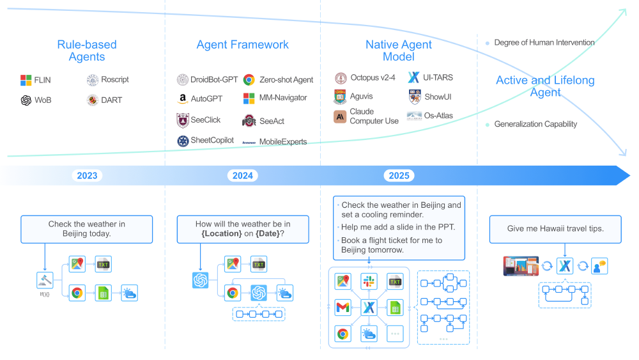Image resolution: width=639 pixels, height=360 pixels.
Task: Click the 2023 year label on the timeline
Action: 87,176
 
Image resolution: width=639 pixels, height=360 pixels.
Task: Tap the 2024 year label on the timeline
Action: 243,176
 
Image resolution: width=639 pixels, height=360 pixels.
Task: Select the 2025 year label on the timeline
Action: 399,176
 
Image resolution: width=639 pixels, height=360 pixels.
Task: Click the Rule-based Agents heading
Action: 87,51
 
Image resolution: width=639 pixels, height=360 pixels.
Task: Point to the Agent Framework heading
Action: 242,45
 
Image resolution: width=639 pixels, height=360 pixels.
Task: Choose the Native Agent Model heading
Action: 399,51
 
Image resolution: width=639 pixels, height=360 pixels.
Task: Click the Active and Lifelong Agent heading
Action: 545,86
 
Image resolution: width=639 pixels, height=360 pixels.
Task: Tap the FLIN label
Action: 42,80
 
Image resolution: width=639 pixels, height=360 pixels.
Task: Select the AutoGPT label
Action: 205,98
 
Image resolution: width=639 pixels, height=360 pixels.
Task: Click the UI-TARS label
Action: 438,77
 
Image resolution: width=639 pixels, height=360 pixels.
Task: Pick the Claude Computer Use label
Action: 374,116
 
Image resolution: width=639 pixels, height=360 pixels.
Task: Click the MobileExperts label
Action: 282,141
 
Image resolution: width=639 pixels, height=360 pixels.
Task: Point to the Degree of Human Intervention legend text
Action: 544,43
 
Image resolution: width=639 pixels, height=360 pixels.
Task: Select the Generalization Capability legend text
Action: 535,124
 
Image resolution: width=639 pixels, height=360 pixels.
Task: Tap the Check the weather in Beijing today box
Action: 87,229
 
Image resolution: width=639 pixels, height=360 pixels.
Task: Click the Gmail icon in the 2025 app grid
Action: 343,308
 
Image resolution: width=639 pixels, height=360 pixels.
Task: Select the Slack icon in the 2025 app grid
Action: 369,281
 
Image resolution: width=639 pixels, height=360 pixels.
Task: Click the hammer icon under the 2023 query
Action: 45,279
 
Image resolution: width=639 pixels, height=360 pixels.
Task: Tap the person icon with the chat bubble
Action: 599,266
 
